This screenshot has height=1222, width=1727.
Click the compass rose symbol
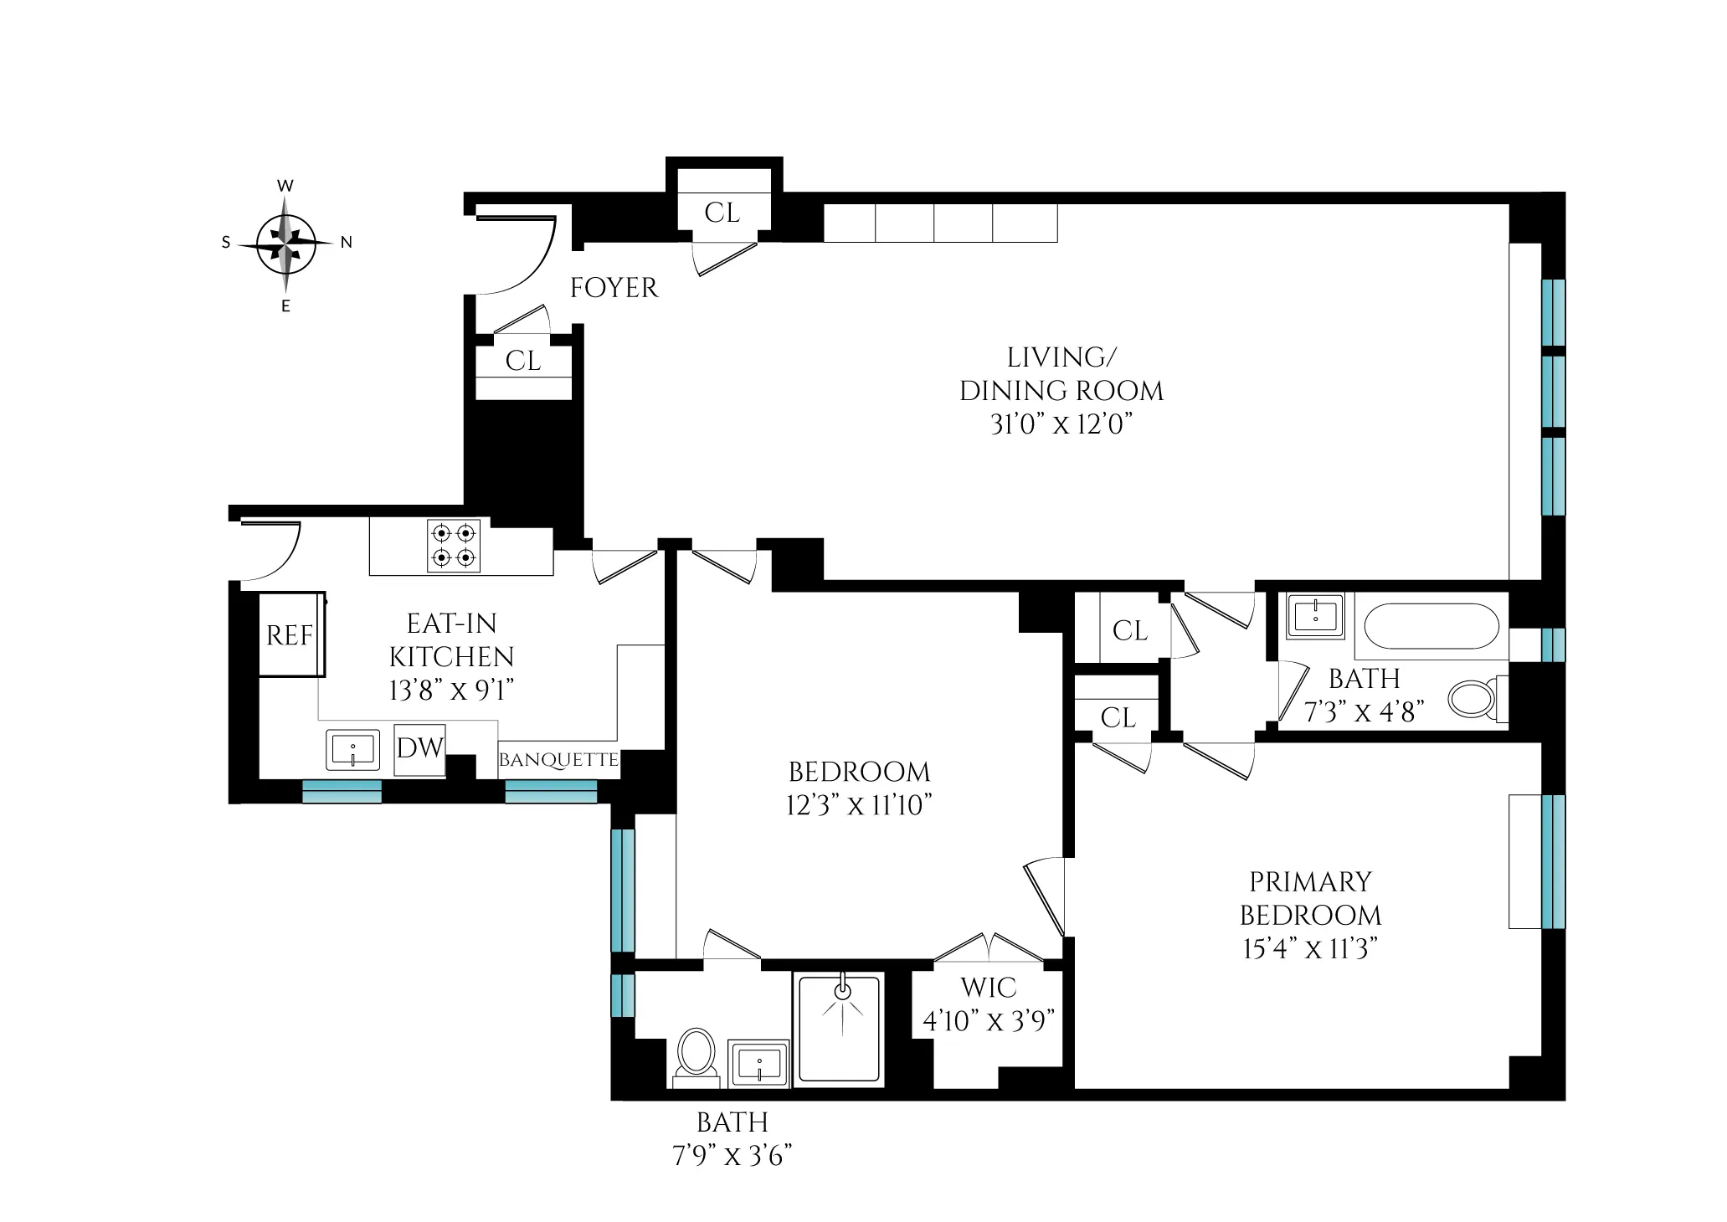tap(285, 244)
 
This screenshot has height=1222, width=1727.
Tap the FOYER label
tap(614, 288)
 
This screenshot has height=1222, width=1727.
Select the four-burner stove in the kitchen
tap(454, 546)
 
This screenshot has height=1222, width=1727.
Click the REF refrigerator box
tap(290, 635)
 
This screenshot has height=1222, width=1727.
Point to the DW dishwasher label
tap(419, 748)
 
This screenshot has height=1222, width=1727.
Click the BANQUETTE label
tap(558, 760)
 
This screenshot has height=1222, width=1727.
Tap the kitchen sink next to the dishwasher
tap(352, 749)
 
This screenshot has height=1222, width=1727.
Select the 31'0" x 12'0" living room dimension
tap(1061, 425)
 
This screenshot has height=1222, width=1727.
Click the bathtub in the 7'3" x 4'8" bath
tap(1431, 626)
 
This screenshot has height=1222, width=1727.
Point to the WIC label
tap(988, 988)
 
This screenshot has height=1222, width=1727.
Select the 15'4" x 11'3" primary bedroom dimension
tap(1309, 949)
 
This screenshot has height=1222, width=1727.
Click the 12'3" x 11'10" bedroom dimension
tap(859, 805)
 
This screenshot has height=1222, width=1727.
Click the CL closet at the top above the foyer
tap(722, 213)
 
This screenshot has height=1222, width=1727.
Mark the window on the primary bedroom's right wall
tap(1552, 861)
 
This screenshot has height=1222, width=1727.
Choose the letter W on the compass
tap(285, 186)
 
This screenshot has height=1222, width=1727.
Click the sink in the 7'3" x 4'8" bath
tap(1316, 617)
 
